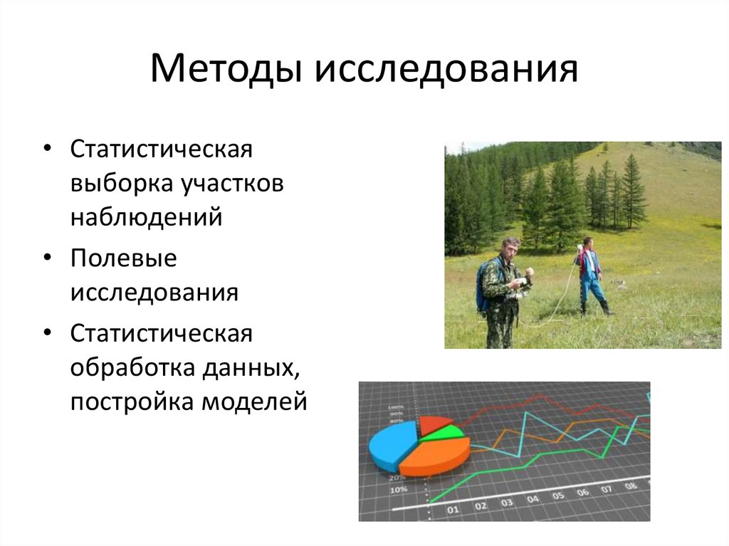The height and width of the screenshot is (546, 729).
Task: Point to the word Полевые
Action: [x=123, y=259]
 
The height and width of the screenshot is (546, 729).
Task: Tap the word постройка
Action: [x=131, y=401]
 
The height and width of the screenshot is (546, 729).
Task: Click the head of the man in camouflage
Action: [x=510, y=248]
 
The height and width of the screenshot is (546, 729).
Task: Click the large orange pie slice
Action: [x=434, y=456]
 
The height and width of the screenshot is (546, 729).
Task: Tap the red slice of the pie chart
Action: [x=433, y=424]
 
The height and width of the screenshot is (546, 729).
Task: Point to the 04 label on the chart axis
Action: [x=533, y=500]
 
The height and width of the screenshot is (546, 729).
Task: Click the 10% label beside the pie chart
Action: [x=398, y=490]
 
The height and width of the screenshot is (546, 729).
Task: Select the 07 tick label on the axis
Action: [x=606, y=490]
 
